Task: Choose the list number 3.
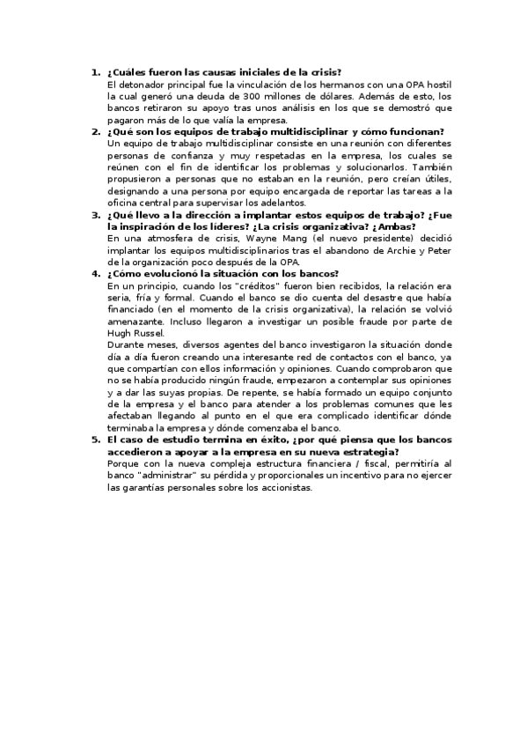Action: click(x=95, y=215)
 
